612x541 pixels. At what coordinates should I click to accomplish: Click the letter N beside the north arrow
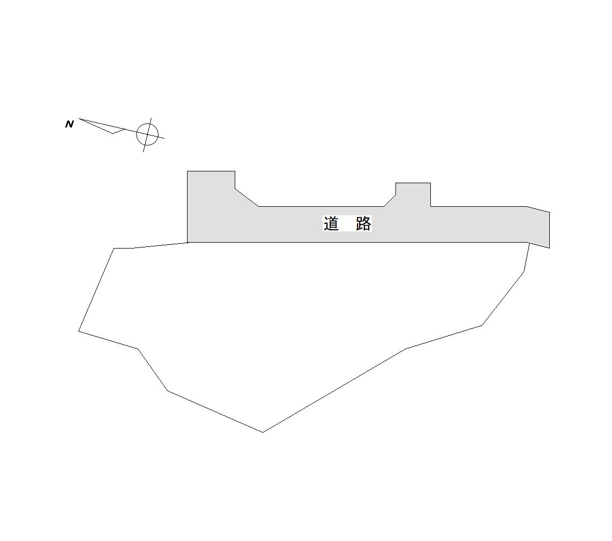click(70, 124)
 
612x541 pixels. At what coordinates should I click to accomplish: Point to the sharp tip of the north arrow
click(79, 118)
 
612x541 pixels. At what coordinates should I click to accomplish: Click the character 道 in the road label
click(331, 223)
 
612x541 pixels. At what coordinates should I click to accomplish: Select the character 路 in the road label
click(363, 223)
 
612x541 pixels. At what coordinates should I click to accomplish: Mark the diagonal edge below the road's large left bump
click(247, 197)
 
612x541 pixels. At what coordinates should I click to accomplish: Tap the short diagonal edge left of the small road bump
click(390, 200)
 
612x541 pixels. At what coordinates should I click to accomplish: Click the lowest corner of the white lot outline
click(263, 432)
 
